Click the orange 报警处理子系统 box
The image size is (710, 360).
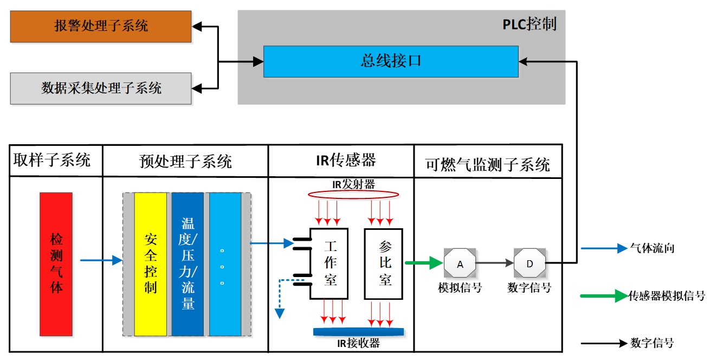(x=101, y=26)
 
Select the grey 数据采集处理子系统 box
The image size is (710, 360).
(x=101, y=88)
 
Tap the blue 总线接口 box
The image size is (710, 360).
(x=390, y=61)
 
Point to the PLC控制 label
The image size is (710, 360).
(x=529, y=24)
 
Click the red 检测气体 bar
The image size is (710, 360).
(x=56, y=264)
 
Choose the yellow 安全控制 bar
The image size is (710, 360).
(x=150, y=264)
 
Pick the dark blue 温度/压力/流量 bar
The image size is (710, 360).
(x=188, y=264)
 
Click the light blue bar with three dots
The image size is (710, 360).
(x=225, y=264)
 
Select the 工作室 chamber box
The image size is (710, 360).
(x=329, y=263)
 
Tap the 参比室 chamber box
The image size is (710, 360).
(x=384, y=263)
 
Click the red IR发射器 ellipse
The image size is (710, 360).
(x=353, y=194)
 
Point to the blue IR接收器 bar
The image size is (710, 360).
(x=358, y=331)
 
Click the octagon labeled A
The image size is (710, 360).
(x=460, y=264)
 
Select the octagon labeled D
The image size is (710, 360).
(x=530, y=264)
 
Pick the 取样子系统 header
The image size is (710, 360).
(x=52, y=160)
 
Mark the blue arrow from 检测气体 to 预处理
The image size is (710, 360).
(x=101, y=261)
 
